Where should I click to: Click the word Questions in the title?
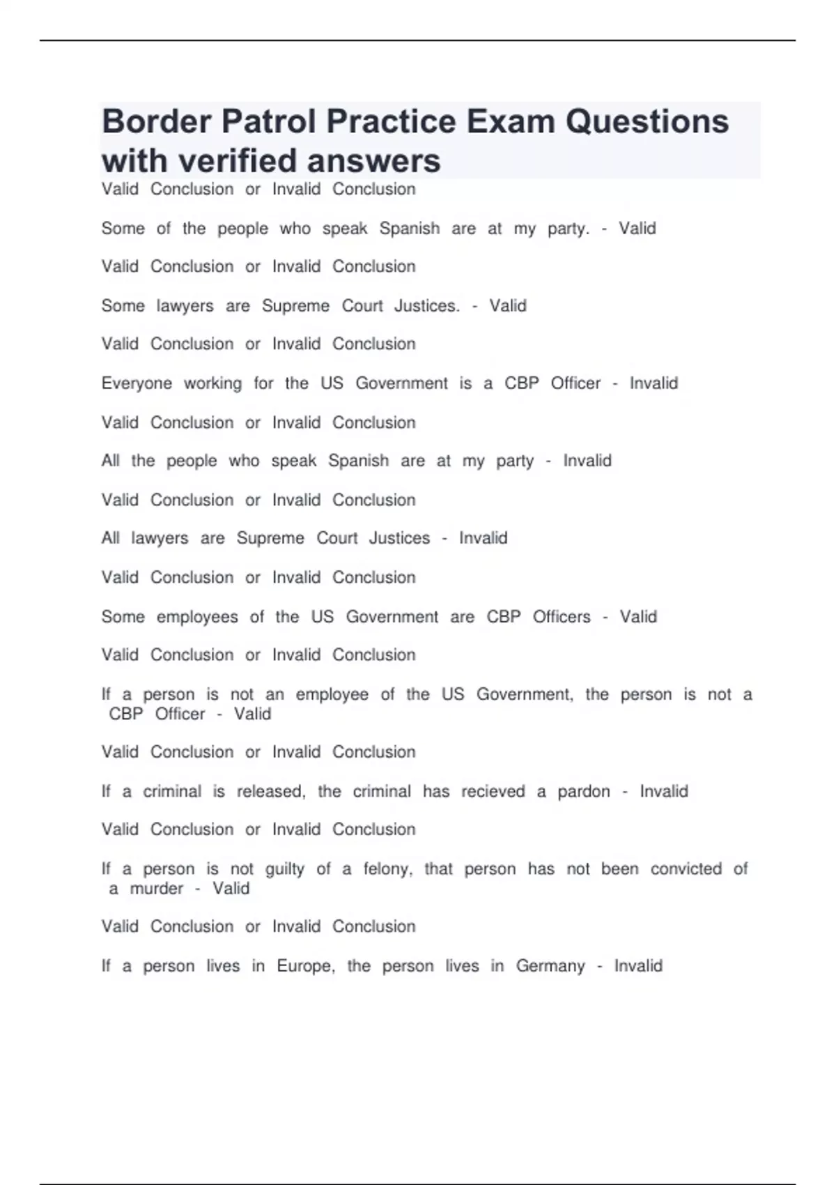(647, 121)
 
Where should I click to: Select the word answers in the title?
(373, 160)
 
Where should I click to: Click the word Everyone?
(137, 383)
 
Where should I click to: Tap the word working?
(212, 383)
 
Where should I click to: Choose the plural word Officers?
(562, 617)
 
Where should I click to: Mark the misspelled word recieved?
(493, 792)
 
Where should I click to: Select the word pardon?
(584, 792)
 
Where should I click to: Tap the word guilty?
(285, 869)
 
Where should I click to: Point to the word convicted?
(686, 869)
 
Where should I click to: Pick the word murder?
(157, 889)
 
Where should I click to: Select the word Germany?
(550, 966)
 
